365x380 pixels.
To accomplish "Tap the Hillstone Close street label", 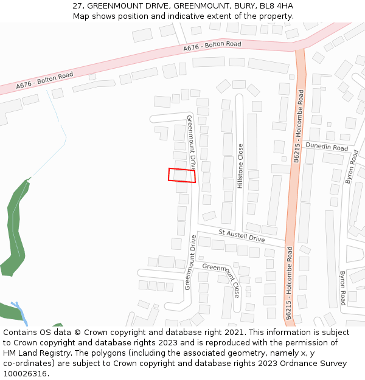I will (x=240, y=166).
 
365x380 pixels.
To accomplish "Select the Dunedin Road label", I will (x=327, y=147).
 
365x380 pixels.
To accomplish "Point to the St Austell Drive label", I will (x=242, y=235).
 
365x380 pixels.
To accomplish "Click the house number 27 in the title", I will (x=77, y=6).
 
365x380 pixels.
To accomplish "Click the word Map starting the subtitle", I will (x=81, y=16).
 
